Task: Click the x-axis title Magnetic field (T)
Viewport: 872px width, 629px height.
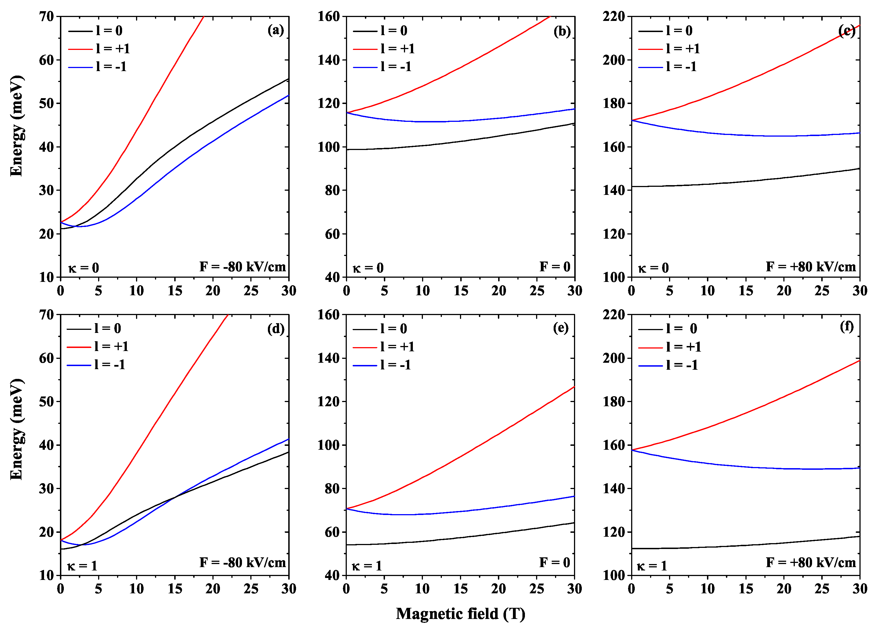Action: (x=460, y=614)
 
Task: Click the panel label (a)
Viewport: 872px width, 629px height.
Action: (x=276, y=30)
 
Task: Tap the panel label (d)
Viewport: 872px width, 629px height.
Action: (x=276, y=329)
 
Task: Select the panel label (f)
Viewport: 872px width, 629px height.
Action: (x=846, y=326)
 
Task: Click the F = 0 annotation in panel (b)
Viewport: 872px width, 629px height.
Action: (x=554, y=267)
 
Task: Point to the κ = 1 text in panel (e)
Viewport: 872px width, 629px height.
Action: (x=367, y=565)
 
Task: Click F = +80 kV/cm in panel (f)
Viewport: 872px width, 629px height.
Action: (x=810, y=562)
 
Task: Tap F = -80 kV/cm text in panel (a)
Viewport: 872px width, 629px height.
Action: (x=242, y=267)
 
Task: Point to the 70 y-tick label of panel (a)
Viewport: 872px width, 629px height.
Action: (x=47, y=16)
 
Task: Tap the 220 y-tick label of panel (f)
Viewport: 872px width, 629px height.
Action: (x=614, y=315)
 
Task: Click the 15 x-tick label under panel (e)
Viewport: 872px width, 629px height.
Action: (x=460, y=589)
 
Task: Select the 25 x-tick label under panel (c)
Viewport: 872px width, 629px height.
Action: (x=822, y=290)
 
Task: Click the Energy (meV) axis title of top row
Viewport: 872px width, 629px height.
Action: (x=16, y=126)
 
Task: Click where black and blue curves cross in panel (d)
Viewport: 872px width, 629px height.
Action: (x=175, y=497)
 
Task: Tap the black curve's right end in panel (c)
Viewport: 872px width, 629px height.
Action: (x=859, y=168)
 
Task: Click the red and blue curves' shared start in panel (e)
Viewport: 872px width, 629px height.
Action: (x=347, y=509)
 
